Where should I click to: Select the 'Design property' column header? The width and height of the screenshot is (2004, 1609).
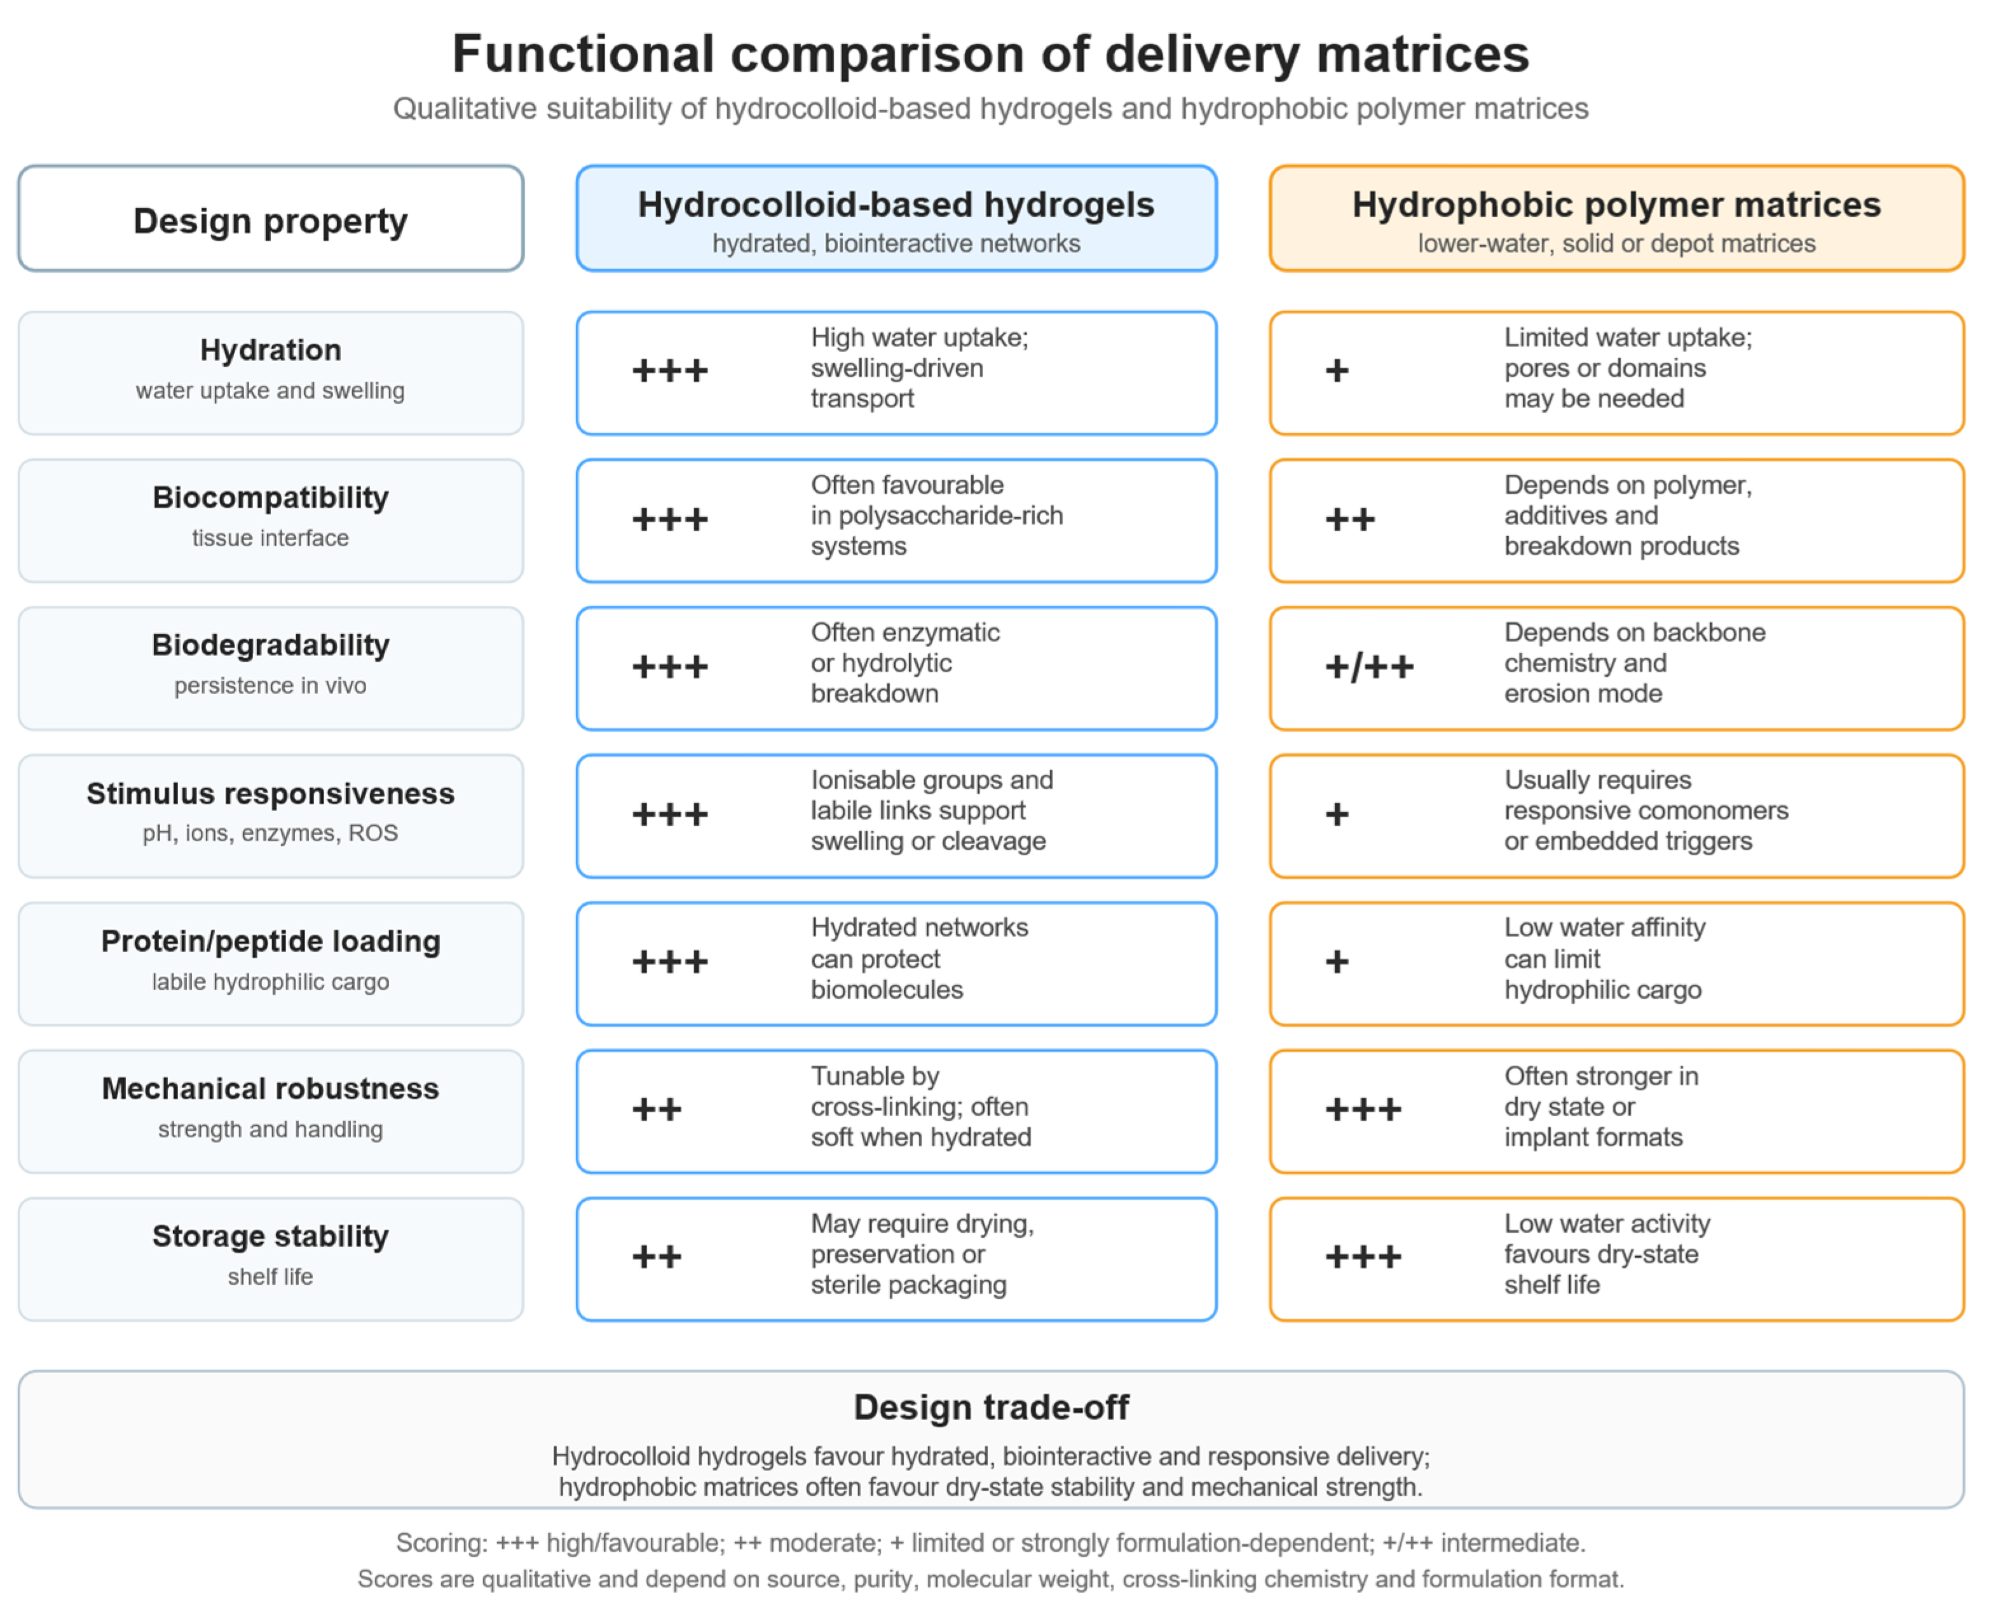tap(271, 221)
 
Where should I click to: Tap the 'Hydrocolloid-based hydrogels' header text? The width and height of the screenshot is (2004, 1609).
tap(896, 205)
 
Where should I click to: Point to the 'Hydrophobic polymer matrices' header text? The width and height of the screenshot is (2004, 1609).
tap(1616, 205)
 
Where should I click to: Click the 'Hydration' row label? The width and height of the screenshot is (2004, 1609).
tap(271, 350)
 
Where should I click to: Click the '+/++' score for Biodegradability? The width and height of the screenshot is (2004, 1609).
tap(1369, 666)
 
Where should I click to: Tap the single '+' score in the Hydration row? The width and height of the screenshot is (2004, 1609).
tap(1337, 371)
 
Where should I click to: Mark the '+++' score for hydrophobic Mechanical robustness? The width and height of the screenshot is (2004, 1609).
tap(1363, 1109)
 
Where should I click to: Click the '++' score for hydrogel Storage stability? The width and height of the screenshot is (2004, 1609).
tap(656, 1257)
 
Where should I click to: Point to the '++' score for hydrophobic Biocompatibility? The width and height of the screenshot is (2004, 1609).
tap(1349, 519)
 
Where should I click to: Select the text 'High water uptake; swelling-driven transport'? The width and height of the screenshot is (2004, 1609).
tap(919, 368)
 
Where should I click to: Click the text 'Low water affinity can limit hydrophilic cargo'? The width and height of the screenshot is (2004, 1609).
tap(1604, 958)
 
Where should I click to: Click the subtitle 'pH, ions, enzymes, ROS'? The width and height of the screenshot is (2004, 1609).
tap(271, 833)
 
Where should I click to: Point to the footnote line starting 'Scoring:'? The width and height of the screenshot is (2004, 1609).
tap(991, 1542)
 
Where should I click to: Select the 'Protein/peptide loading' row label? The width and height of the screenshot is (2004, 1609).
tap(271, 941)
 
